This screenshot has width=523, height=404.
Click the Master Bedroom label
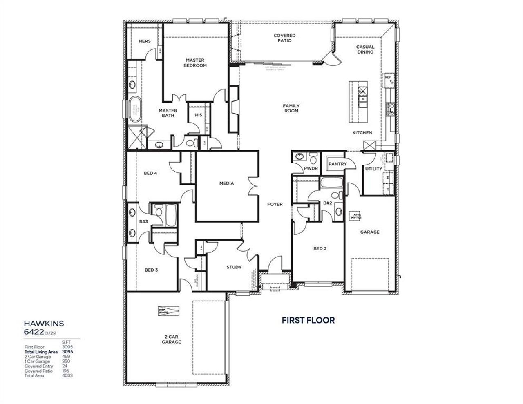click(x=195, y=62)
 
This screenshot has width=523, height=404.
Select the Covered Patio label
click(x=284, y=38)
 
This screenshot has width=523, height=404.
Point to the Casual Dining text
click(x=365, y=49)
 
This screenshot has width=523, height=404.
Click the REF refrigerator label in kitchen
click(x=388, y=76)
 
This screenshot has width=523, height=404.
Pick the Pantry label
click(x=337, y=164)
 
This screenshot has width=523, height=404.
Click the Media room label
click(x=226, y=183)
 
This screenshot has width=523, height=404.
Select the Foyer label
click(x=275, y=204)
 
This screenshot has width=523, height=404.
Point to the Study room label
click(x=234, y=267)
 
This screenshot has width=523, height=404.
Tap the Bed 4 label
click(x=150, y=173)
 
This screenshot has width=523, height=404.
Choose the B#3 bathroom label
click(x=143, y=221)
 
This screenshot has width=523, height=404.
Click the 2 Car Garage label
click(x=171, y=339)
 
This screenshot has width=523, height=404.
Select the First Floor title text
click(x=308, y=320)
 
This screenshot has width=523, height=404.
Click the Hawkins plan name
click(x=44, y=323)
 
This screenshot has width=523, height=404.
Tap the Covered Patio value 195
click(x=66, y=371)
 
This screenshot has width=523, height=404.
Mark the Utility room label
click(x=373, y=169)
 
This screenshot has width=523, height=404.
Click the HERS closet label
click(x=144, y=41)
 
